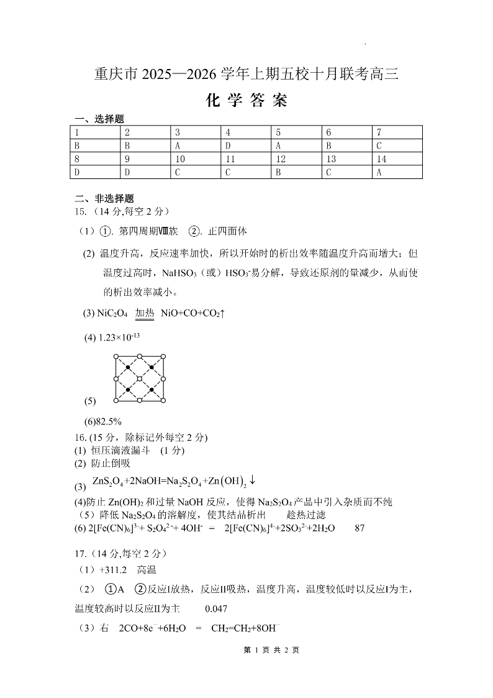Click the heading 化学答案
pos(246,101)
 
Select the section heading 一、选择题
pos(99,119)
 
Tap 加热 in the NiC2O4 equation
pos(145,314)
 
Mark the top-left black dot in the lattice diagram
pos(128,367)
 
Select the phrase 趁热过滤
pos(307,515)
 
